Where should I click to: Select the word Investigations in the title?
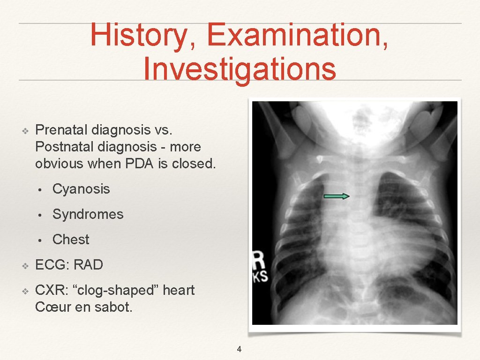(x=240, y=68)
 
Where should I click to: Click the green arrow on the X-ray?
(x=337, y=196)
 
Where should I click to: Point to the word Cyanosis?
(x=81, y=189)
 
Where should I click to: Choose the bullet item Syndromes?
(x=88, y=214)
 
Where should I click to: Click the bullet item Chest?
(x=71, y=240)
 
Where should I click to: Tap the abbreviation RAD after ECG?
(x=88, y=265)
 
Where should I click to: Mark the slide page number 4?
(x=239, y=349)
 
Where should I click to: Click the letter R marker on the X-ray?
(x=258, y=260)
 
